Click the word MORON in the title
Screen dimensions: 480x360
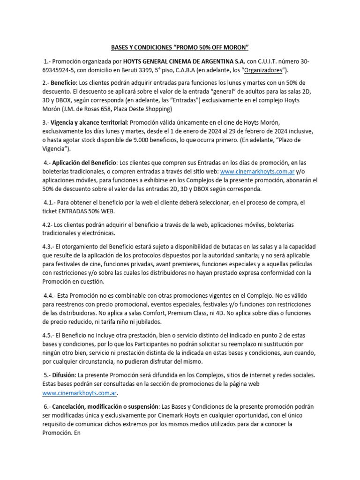[233, 47]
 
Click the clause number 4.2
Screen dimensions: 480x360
[48, 225]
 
